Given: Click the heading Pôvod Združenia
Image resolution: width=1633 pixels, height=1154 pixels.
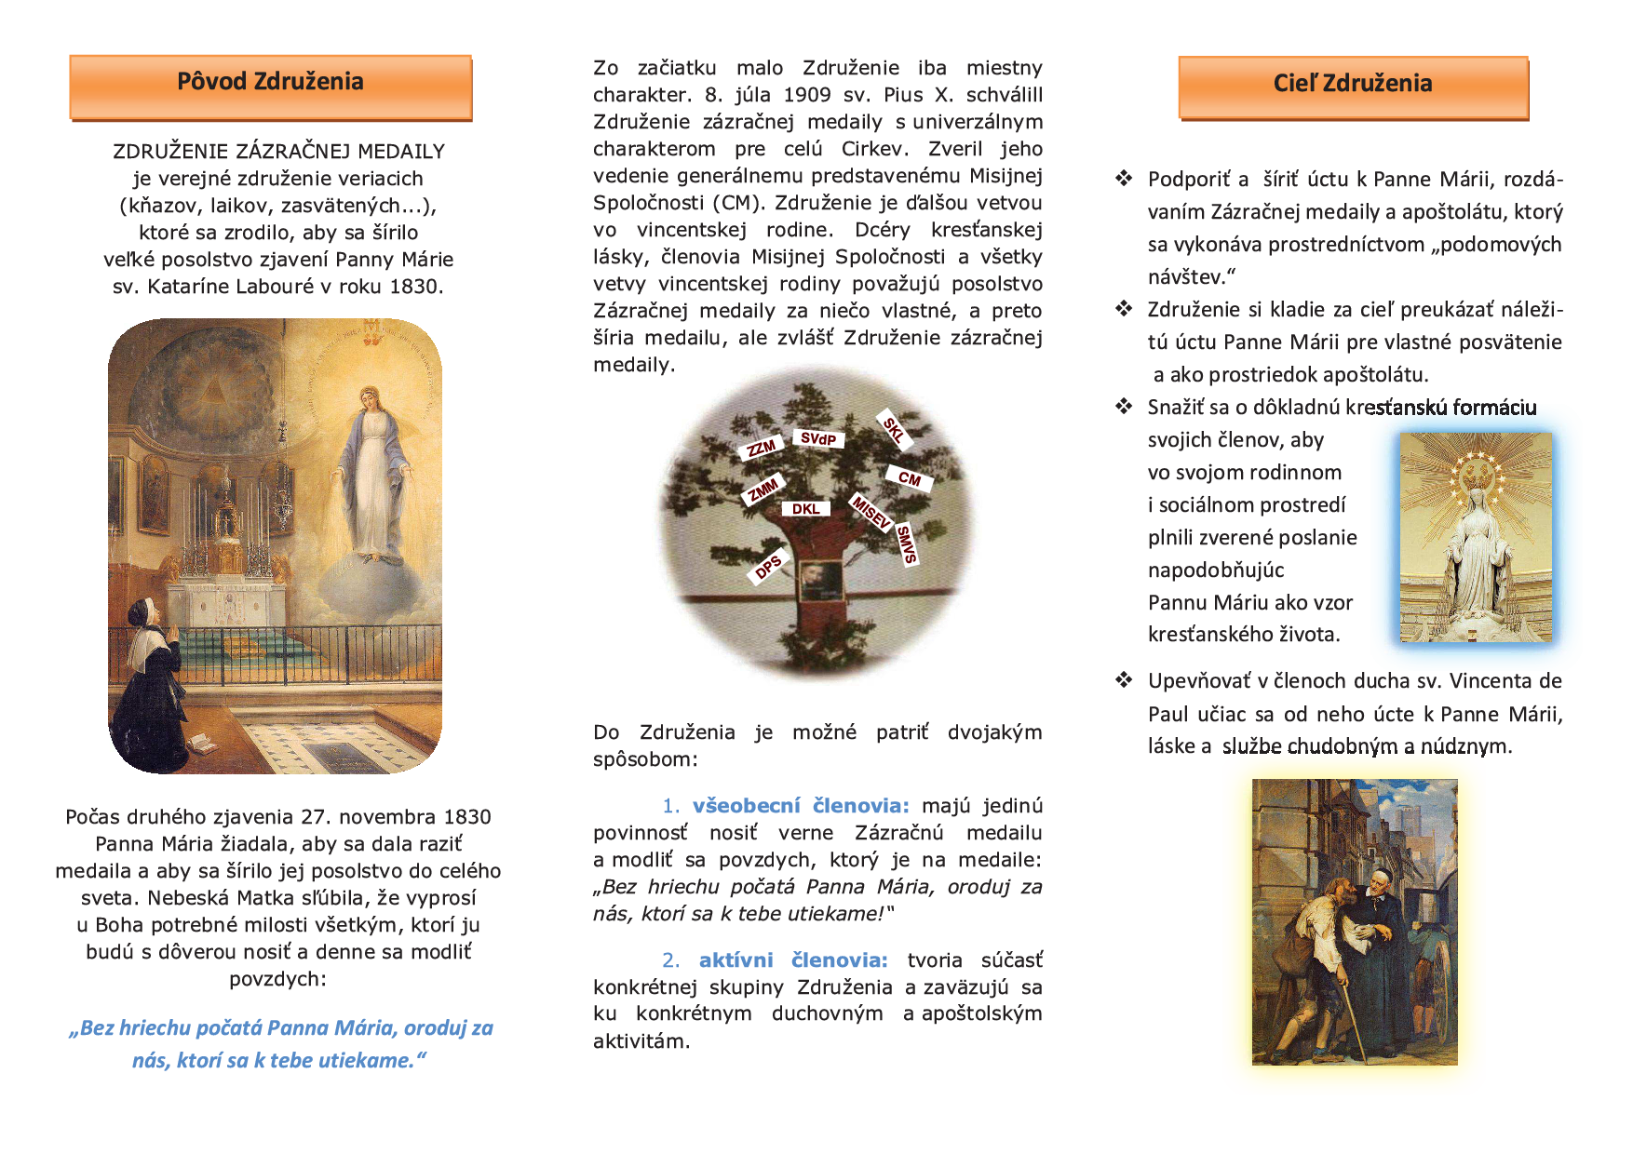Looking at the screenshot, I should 270,83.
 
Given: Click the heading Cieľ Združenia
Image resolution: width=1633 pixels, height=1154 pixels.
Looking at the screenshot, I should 1352,84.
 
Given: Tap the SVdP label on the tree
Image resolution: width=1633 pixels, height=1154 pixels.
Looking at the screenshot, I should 818,438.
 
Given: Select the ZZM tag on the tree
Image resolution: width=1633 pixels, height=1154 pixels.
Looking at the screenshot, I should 762,449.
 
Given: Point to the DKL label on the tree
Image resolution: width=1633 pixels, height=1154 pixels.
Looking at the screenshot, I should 806,509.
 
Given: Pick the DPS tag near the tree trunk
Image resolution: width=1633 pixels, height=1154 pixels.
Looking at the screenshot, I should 769,566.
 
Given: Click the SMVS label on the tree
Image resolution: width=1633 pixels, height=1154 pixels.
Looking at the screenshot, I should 907,544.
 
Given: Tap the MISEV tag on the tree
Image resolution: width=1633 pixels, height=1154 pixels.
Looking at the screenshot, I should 872,512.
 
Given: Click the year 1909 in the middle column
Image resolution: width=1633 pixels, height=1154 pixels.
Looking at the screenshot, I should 806,95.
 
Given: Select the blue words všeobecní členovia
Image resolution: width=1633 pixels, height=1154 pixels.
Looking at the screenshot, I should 801,806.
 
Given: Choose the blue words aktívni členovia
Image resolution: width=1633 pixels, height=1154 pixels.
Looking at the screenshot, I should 793,960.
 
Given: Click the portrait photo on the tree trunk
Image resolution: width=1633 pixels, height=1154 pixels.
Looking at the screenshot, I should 821,582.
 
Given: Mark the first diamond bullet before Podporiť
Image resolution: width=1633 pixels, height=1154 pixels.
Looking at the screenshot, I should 1124,178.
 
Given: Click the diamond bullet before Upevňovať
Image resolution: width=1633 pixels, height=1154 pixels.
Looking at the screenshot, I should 1124,680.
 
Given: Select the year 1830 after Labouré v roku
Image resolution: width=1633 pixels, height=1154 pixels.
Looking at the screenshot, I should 414,287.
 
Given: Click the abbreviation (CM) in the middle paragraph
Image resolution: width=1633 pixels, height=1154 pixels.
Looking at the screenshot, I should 740,203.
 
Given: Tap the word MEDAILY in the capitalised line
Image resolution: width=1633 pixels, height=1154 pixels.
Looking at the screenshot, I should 401,152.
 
